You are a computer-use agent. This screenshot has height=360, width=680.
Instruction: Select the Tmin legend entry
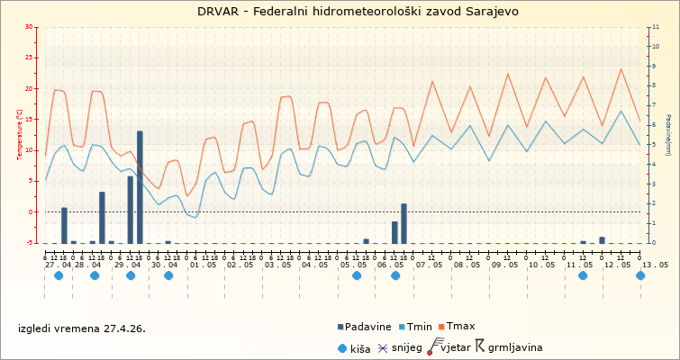click(420, 327)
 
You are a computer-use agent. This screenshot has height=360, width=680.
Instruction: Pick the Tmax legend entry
click(461, 327)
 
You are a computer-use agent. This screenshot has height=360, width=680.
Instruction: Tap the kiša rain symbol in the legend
click(341, 347)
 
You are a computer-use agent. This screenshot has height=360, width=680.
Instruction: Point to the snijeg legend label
click(408, 347)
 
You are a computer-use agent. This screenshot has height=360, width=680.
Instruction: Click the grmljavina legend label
click(515, 347)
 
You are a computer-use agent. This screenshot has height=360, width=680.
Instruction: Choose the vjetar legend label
click(457, 347)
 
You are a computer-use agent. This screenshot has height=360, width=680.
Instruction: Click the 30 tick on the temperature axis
click(29, 27)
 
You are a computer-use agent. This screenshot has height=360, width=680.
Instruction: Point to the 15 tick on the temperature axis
click(29, 120)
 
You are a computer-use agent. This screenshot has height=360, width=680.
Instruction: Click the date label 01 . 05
click(202, 265)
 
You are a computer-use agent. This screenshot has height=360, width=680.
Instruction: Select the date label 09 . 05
click(504, 265)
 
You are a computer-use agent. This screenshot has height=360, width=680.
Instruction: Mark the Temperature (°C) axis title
click(20, 135)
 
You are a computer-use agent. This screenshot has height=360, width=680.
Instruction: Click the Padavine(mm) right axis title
click(667, 135)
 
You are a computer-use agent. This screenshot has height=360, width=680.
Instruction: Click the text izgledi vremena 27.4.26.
click(82, 328)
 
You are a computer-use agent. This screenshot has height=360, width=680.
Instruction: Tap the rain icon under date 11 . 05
click(583, 275)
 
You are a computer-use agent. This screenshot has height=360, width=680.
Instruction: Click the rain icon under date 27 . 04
click(59, 275)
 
